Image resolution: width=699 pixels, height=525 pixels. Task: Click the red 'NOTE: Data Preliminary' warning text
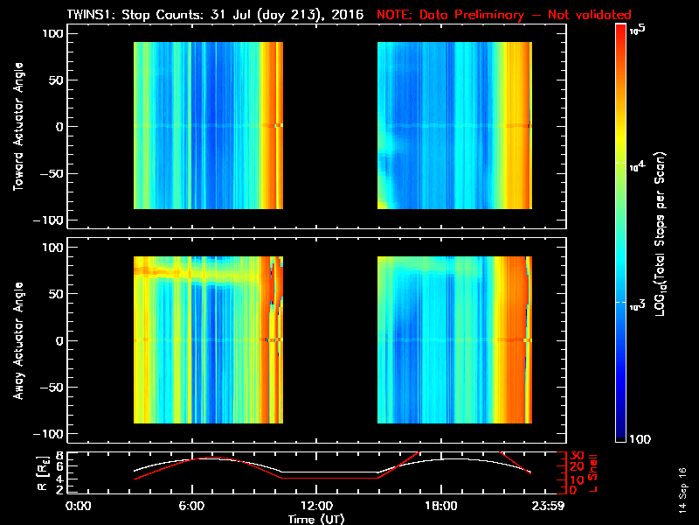click(503, 15)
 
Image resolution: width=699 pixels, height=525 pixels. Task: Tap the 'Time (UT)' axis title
click(317, 519)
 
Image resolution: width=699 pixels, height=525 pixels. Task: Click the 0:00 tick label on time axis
click(79, 507)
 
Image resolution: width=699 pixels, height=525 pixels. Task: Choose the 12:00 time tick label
click(317, 507)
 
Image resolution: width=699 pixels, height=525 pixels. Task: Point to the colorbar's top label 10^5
click(636, 30)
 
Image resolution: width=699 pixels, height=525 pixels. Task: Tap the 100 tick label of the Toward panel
click(55, 33)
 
